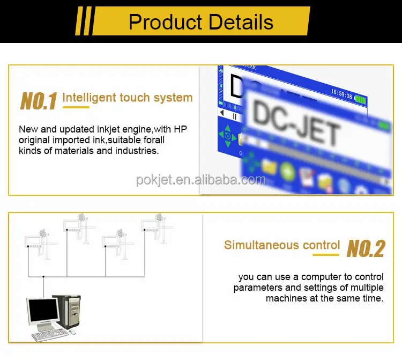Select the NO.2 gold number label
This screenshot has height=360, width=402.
tap(366, 248)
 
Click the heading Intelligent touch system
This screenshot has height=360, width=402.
tap(128, 98)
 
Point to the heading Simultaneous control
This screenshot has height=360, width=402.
tap(282, 245)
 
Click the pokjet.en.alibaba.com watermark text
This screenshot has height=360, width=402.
tap(201, 180)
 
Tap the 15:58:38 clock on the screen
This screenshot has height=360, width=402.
tap(341, 95)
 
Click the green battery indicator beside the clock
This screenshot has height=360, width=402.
tap(360, 99)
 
